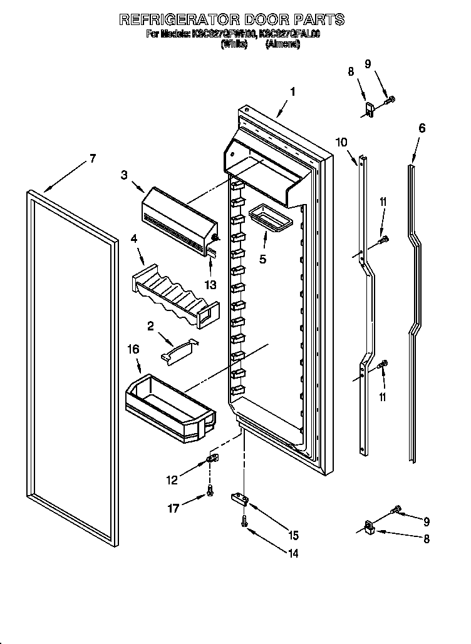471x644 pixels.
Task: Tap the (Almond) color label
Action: click(282, 45)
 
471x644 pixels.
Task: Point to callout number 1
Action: click(292, 91)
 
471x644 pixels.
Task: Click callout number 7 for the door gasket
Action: click(92, 158)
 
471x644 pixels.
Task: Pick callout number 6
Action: click(422, 128)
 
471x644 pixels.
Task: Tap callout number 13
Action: click(210, 285)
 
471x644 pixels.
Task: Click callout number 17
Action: click(173, 508)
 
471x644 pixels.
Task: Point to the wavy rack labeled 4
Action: click(175, 290)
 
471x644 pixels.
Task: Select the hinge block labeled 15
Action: click(238, 498)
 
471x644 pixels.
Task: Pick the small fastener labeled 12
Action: click(212, 461)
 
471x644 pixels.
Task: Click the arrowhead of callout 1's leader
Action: click(276, 117)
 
